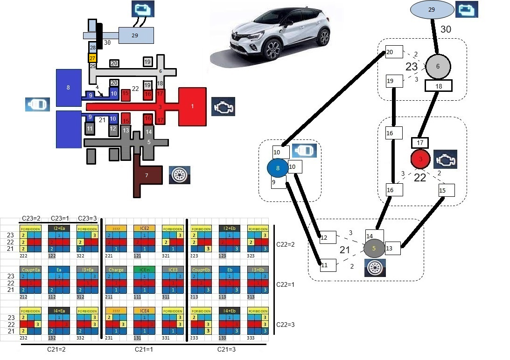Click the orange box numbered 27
pyautogui.click(x=92, y=58)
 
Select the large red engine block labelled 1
pyautogui.click(x=192, y=106)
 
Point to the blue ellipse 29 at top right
pyautogui.click(x=432, y=10)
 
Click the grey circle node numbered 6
pyautogui.click(x=438, y=67)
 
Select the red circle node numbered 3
pyautogui.click(x=420, y=159)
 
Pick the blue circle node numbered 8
pyautogui.click(x=278, y=169)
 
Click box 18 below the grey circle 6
pyautogui.click(x=438, y=86)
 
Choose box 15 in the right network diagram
pyautogui.click(x=446, y=190)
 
